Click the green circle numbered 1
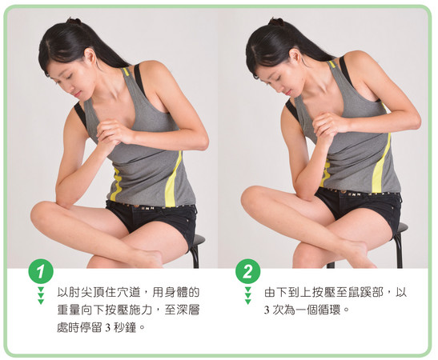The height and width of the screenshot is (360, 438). pyautogui.click(x=41, y=271)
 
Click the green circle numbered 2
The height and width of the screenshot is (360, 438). pyautogui.click(x=247, y=271)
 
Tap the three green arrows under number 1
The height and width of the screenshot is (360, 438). pyautogui.click(x=41, y=295)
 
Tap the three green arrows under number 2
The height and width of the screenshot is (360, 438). pyautogui.click(x=247, y=295)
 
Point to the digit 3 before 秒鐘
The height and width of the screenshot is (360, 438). pyautogui.click(x=108, y=328)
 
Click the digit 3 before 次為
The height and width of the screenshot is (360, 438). pyautogui.click(x=267, y=310)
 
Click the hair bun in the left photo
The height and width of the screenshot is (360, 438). pyautogui.click(x=74, y=22)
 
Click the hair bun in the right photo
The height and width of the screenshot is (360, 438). pyautogui.click(x=275, y=22)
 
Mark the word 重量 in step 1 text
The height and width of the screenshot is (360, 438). pyautogui.click(x=68, y=310)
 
